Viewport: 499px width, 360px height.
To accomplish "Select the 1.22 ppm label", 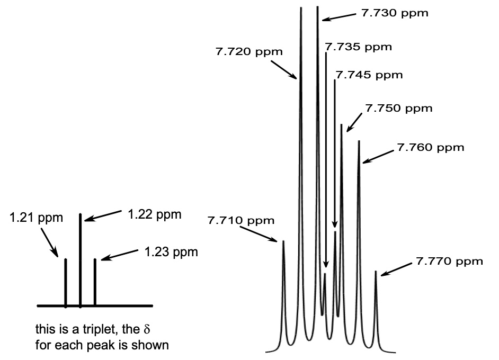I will [x=155, y=214].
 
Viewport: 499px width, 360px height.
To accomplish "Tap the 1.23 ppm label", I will [x=171, y=252].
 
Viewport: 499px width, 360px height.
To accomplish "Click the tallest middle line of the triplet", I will [x=80, y=259].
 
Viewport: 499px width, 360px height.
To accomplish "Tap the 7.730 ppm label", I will [x=395, y=13].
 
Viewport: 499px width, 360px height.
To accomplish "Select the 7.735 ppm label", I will [x=358, y=47].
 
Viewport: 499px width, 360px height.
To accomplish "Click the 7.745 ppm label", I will [x=369, y=75].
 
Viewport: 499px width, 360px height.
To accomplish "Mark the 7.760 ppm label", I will [x=430, y=147].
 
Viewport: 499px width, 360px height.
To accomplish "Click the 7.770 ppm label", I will [x=449, y=261].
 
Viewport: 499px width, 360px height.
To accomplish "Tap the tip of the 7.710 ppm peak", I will [x=283, y=241].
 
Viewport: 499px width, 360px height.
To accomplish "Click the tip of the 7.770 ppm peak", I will [x=376, y=272].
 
